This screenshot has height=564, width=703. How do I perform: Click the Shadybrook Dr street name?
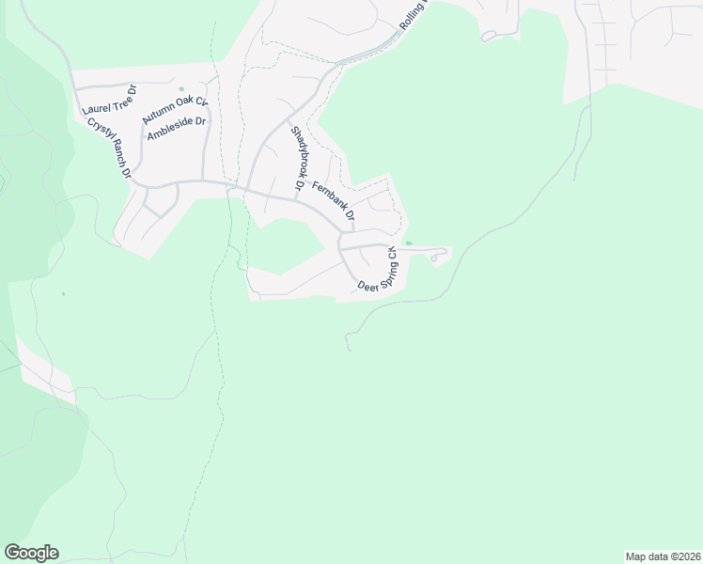(296, 159)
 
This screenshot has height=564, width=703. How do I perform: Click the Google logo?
(31, 553)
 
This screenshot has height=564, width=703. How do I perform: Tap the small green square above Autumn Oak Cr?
(180, 90)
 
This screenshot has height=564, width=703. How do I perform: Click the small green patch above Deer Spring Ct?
(408, 243)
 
